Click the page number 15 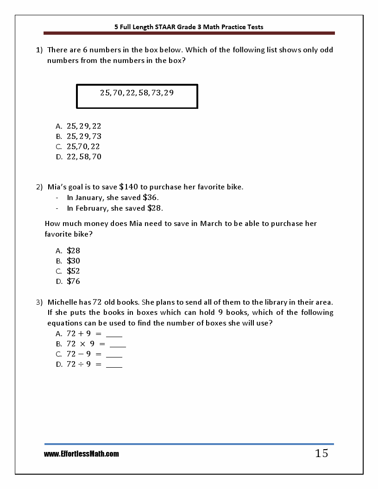(321, 453)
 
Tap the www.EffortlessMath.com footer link (82, 454)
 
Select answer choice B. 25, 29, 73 (84, 136)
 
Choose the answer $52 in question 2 (73, 271)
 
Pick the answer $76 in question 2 (73, 281)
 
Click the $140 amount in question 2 (129, 187)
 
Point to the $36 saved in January (150, 197)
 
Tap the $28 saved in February (155, 208)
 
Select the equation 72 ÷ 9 (79, 364)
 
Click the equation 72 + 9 (79, 334)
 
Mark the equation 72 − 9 (79, 354)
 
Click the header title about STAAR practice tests (189, 27)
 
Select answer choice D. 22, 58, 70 (84, 157)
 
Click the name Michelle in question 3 (63, 302)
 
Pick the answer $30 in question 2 (73, 261)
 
